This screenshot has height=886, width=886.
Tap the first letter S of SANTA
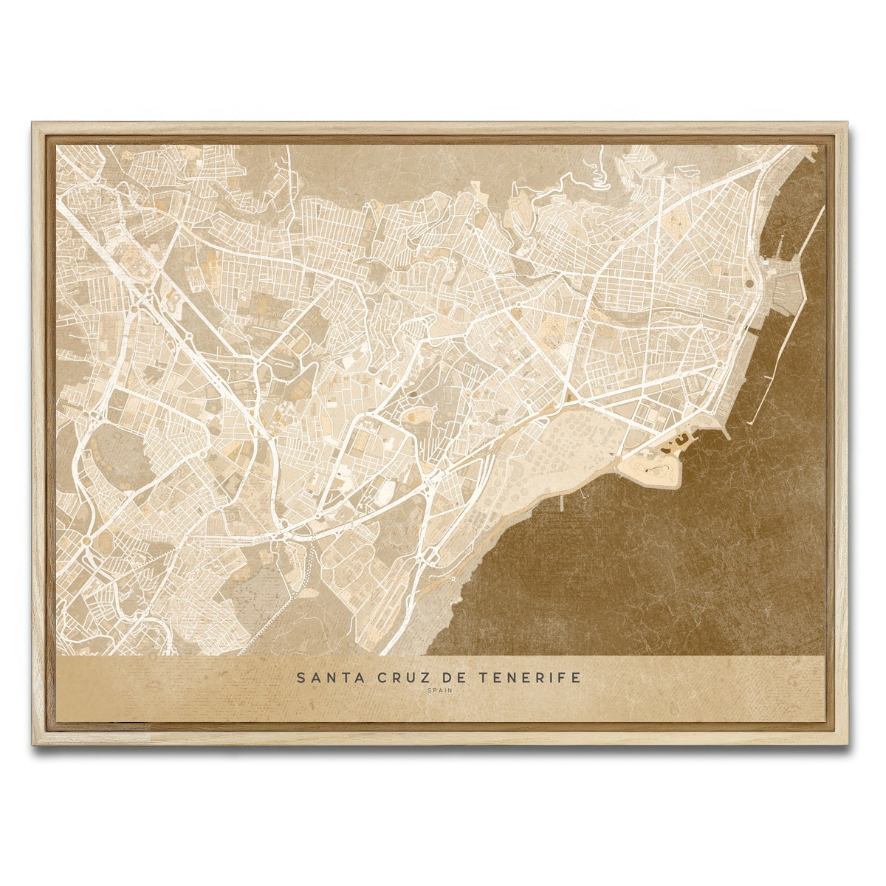coord(300,677)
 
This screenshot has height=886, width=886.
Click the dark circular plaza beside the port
coord(749,282)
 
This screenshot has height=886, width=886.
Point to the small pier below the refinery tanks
coord(563,502)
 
